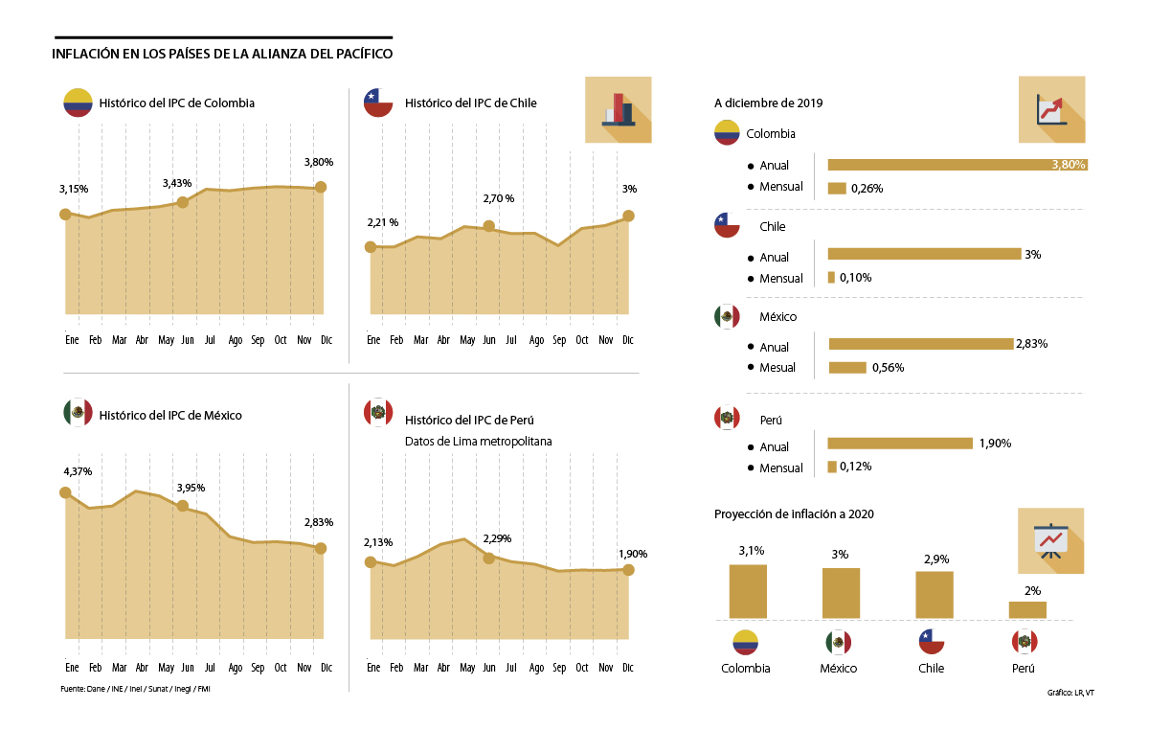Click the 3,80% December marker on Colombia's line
tap(321, 187)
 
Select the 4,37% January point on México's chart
tap(65, 492)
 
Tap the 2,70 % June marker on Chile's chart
tap(489, 226)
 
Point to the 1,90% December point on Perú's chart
tap(629, 569)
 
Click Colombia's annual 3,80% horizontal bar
tap(957, 165)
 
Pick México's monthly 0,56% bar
tap(846, 367)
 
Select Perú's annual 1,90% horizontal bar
tap(900, 443)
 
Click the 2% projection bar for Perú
tap(1027, 609)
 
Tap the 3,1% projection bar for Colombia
tap(748, 591)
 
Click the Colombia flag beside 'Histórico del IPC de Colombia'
tap(77, 103)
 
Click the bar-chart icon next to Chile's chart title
tap(618, 110)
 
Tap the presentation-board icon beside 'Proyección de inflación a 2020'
tap(1050, 540)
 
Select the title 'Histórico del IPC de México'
tap(170, 415)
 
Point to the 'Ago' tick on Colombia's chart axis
tap(235, 340)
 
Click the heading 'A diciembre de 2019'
tap(768, 103)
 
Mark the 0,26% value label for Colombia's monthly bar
tap(867, 189)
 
